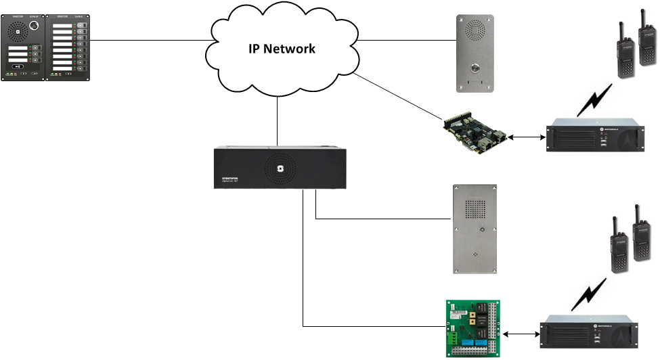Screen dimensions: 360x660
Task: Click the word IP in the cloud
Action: [252, 49]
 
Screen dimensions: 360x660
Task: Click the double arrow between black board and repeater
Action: [526, 137]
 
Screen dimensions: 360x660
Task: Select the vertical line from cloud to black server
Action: [278, 121]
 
